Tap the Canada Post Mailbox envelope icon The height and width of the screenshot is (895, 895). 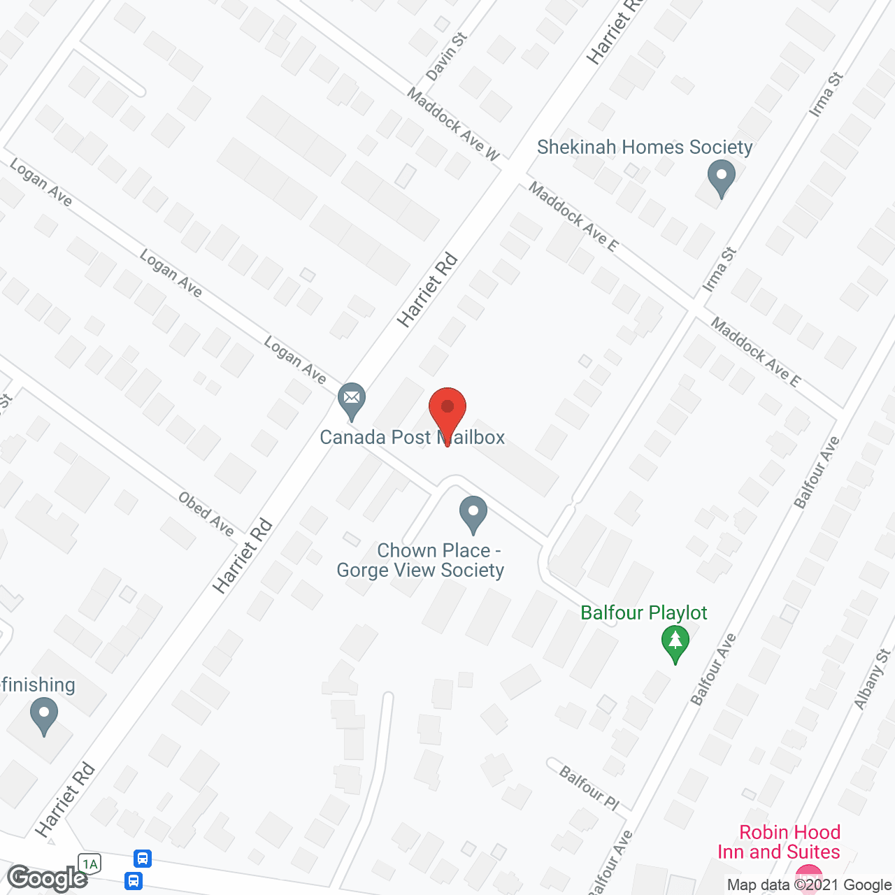[x=351, y=399]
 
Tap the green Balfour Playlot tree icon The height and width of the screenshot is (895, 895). [x=675, y=642]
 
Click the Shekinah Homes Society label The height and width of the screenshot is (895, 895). [x=645, y=148]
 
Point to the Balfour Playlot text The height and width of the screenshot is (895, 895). [x=644, y=613]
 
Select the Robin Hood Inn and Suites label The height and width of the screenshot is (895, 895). [x=779, y=842]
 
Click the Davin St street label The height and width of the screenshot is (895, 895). [x=445, y=57]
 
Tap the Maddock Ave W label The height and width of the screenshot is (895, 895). [x=454, y=124]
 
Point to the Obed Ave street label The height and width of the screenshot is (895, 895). [x=206, y=514]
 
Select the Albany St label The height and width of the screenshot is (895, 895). [x=872, y=679]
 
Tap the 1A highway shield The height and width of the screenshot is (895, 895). [x=90, y=864]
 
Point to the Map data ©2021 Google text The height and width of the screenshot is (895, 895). [x=809, y=885]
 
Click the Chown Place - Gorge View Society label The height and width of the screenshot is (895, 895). [x=421, y=561]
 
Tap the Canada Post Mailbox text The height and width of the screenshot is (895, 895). [x=412, y=438]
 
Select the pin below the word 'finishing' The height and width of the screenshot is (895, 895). [x=44, y=717]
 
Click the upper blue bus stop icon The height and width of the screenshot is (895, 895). [x=143, y=858]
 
